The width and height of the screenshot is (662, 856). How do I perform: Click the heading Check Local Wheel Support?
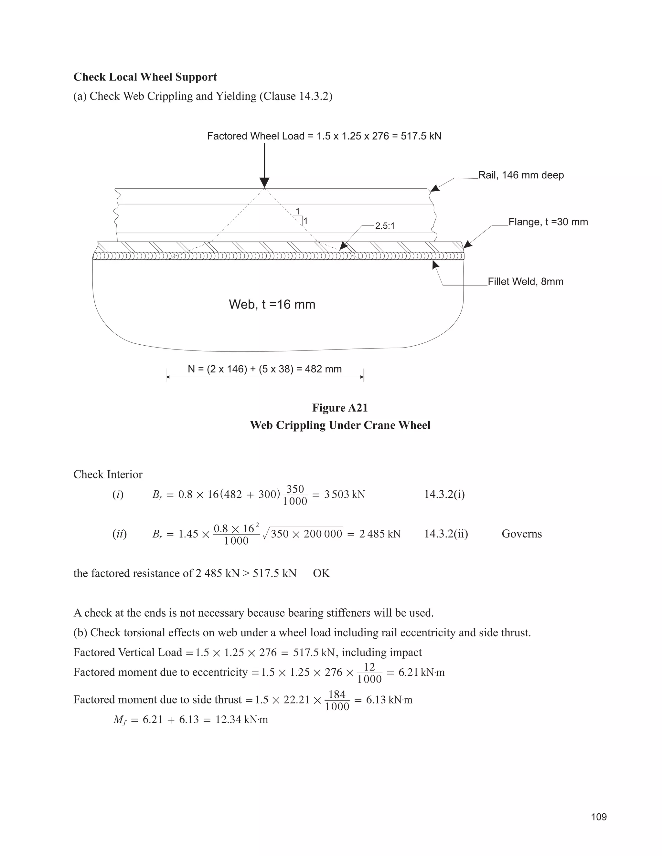(x=145, y=77)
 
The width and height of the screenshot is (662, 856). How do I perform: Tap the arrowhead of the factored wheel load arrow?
(x=264, y=183)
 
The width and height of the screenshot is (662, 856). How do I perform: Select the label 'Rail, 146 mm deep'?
(x=521, y=175)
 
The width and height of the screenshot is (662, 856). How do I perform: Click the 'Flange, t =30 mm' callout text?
(x=548, y=222)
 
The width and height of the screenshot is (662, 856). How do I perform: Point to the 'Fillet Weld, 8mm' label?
(x=525, y=281)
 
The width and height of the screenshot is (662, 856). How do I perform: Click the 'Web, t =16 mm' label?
(x=272, y=304)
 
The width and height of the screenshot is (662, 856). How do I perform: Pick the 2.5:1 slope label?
(x=385, y=226)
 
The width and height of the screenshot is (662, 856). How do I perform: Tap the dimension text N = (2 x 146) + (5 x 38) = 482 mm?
(x=265, y=369)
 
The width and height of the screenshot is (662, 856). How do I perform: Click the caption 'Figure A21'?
(x=340, y=408)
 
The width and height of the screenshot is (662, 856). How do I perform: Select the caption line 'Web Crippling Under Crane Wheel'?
(x=340, y=425)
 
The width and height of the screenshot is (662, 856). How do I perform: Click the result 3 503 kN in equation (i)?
(x=344, y=495)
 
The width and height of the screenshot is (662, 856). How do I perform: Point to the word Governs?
(x=522, y=534)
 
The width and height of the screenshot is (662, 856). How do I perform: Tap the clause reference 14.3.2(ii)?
(x=446, y=534)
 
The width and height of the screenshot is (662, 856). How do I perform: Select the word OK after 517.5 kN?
(x=322, y=573)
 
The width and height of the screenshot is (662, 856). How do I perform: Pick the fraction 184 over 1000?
(x=337, y=700)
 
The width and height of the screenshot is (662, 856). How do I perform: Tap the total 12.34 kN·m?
(x=241, y=720)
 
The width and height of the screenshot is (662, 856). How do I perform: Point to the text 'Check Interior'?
(x=108, y=475)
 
